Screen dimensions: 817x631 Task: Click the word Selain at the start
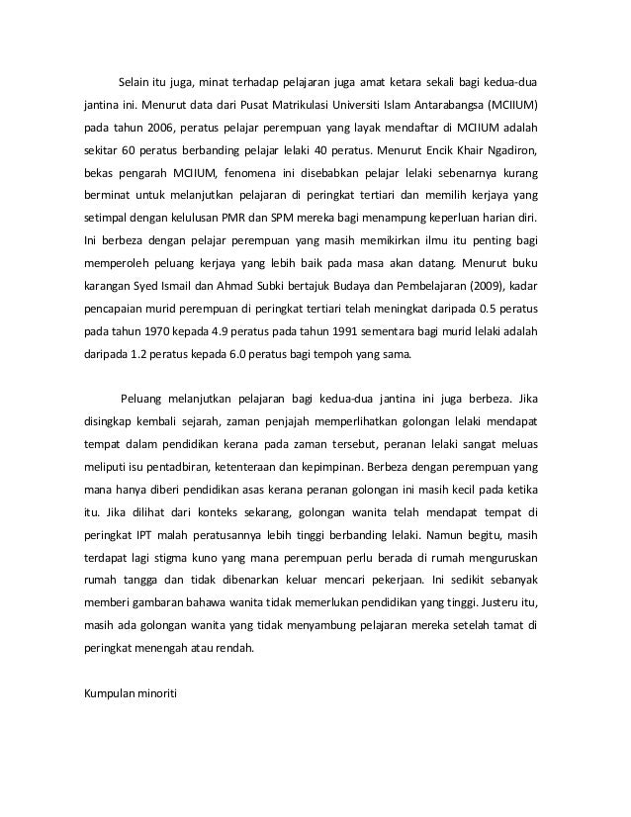coord(135,79)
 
